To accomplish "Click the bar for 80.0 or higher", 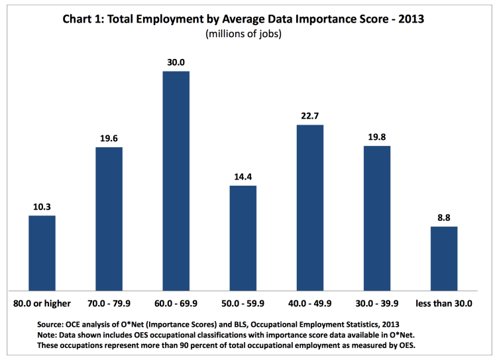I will [x=42, y=253].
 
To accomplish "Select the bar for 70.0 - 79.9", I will [x=109, y=218].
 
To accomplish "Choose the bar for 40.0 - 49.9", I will [x=310, y=207].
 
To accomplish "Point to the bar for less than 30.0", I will [x=444, y=258].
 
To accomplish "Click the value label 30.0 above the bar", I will [x=176, y=62].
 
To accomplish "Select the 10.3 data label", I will [x=42, y=207].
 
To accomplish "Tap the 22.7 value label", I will [x=310, y=116].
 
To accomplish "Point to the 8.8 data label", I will [x=444, y=218].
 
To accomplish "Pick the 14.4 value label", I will [x=243, y=177].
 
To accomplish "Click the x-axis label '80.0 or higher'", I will [x=42, y=304].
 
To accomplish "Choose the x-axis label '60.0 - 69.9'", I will [x=176, y=304].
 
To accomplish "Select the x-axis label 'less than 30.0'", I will [x=444, y=304].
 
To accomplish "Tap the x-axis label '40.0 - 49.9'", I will [x=310, y=304].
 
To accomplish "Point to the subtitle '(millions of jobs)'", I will [x=243, y=34].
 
